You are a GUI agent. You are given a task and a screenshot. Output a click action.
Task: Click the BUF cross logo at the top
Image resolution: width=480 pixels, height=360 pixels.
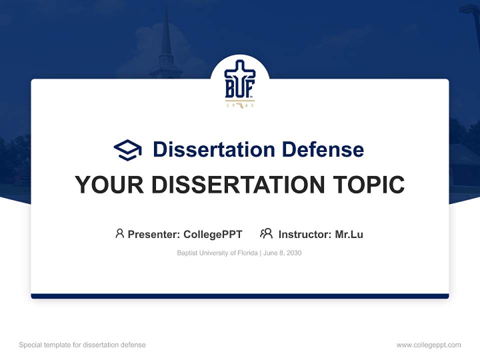(239, 80)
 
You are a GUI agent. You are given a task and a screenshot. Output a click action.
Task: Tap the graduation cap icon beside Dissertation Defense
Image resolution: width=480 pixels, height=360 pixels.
(127, 150)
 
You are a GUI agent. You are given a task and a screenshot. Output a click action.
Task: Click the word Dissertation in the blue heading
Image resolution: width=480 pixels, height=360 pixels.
(213, 149)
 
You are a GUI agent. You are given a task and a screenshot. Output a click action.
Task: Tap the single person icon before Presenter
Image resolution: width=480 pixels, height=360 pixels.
(119, 233)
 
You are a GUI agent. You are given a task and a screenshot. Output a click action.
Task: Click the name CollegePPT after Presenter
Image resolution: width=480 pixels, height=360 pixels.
(213, 234)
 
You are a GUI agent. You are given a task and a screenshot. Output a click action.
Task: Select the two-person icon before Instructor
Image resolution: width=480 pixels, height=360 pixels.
(266, 233)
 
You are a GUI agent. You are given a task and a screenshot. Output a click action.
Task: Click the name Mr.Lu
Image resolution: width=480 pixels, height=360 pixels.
(349, 234)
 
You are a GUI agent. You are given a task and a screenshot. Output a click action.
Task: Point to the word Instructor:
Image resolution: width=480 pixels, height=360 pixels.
(305, 234)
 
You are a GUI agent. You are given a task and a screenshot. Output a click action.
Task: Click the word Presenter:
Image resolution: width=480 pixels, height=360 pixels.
(154, 234)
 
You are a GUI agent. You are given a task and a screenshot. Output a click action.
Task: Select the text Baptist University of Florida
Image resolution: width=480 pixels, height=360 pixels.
(216, 253)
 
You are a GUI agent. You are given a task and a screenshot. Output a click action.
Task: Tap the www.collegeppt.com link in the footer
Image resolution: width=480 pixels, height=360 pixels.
(428, 345)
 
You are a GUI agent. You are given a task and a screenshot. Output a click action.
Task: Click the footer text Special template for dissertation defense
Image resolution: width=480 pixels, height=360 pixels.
(82, 345)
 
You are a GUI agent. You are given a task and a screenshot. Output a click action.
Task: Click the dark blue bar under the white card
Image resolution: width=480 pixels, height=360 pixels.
(240, 296)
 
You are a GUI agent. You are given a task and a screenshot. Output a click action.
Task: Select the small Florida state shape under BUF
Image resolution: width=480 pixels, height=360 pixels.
(240, 105)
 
